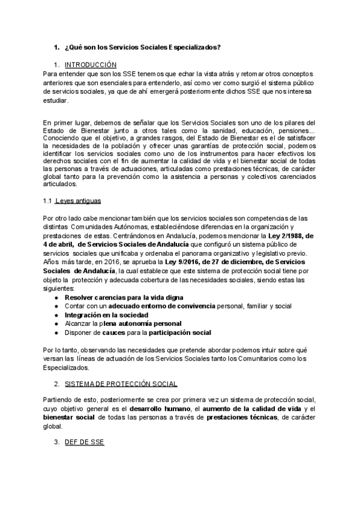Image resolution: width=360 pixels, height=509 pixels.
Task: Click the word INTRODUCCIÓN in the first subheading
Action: pyautogui.click(x=91, y=64)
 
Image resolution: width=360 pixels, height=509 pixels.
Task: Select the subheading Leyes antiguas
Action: pyautogui.click(x=82, y=200)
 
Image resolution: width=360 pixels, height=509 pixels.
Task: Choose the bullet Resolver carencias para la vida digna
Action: pyautogui.click(x=124, y=298)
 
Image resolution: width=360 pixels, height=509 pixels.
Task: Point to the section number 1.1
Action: pyautogui.click(x=49, y=200)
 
